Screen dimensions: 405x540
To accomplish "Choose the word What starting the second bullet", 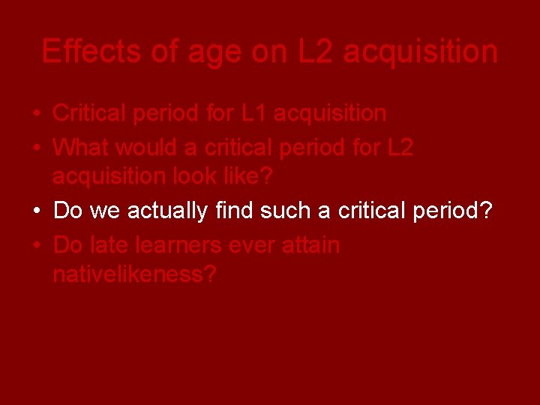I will [x=79, y=147].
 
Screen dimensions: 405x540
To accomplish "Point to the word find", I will [x=234, y=211].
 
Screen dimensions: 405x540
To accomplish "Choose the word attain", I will [x=311, y=244].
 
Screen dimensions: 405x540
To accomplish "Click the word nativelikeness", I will [x=134, y=274].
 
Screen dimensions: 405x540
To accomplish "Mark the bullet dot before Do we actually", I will [x=36, y=211].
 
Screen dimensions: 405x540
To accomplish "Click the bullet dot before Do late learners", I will [x=36, y=245].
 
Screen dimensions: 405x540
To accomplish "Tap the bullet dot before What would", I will [x=36, y=148].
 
